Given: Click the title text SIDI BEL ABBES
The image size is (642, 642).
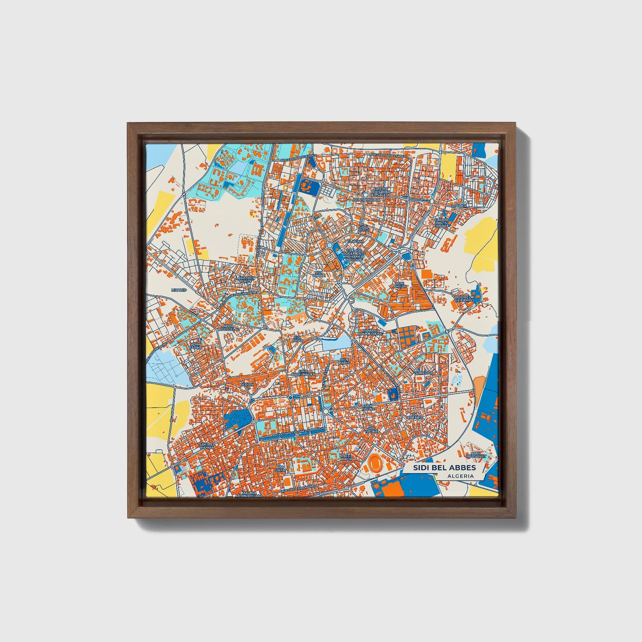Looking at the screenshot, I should pos(444,468).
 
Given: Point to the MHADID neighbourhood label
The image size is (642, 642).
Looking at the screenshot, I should pos(179,290).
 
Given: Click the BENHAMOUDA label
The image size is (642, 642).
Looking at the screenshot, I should pos(365,200).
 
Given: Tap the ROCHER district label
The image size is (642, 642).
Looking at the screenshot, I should pos(459,206).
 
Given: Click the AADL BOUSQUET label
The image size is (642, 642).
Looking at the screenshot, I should pos(474,454).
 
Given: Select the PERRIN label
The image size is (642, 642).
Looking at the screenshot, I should pos(247,384).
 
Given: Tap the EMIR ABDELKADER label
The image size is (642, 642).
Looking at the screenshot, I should pos(303,373).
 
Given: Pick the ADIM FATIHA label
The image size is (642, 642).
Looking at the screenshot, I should pos(196,346).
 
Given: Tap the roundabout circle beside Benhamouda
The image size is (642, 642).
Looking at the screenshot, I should pos(365,195).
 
